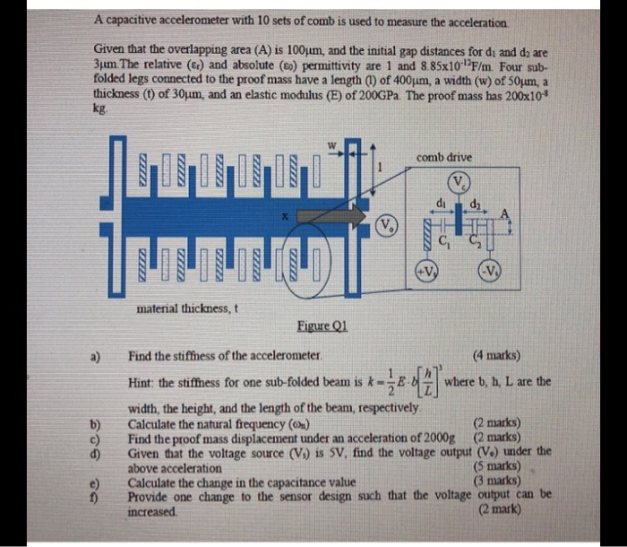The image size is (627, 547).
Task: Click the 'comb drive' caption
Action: pos(445,157)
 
